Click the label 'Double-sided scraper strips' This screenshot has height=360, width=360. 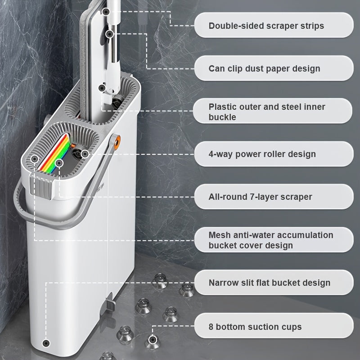[266, 26]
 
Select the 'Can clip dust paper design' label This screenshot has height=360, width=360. [264, 68]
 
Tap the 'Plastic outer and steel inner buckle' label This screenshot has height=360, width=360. [267, 112]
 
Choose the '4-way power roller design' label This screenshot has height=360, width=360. [262, 154]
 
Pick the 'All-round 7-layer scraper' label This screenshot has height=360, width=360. [261, 197]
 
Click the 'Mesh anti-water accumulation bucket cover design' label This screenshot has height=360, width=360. [271, 240]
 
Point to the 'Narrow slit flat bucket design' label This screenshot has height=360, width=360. [270, 283]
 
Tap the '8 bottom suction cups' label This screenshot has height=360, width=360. [255, 327]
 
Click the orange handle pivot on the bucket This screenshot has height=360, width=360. [117, 142]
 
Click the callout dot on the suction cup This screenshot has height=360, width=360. [152, 340]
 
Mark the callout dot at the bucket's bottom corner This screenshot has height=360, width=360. [46, 343]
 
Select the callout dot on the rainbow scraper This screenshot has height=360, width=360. [59, 163]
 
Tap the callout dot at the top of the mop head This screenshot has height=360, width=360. [106, 12]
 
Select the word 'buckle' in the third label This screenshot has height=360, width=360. [222, 117]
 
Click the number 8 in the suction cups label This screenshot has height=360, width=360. [211, 327]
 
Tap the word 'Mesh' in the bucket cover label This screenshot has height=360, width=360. [220, 235]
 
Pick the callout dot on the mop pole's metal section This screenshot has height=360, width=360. [109, 34]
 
